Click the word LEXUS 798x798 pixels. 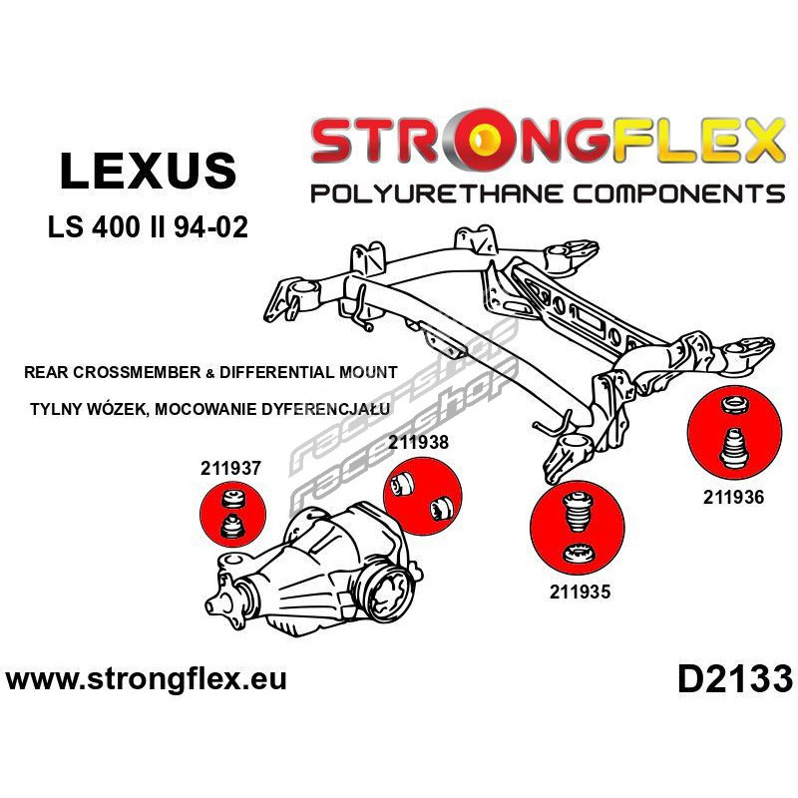click(148, 171)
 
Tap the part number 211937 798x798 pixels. click(230, 468)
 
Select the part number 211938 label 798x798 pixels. click(418, 442)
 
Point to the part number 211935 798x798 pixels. click(580, 592)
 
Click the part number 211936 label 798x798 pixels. click(734, 497)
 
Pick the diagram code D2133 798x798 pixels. click(735, 680)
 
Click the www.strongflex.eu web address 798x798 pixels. click(146, 679)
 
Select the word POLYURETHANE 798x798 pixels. click(437, 194)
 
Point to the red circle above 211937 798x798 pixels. click(233, 514)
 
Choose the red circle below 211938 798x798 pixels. click(422, 496)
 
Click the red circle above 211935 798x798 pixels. click(577, 529)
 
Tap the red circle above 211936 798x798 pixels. click(734, 433)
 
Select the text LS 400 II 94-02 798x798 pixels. click(148, 227)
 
